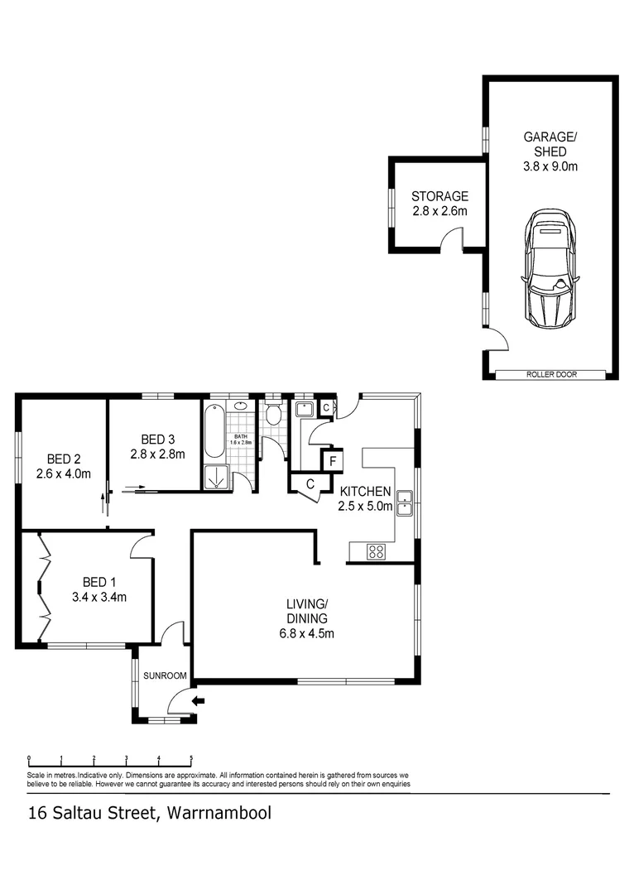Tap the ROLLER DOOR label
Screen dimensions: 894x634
[x=551, y=375]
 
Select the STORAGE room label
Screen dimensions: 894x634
[x=439, y=196]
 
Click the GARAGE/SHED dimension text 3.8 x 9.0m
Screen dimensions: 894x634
[x=550, y=166]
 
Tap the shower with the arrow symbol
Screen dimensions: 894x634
[x=217, y=478]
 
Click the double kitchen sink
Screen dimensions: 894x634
[x=405, y=503]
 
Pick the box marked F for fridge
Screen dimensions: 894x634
[x=332, y=460]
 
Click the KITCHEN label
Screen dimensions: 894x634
[x=364, y=492]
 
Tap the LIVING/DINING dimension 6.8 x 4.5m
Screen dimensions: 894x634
[x=305, y=634]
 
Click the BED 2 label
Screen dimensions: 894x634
[x=63, y=459]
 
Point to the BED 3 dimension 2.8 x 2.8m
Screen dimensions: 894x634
[x=156, y=454]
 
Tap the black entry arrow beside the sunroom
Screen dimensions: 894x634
[x=198, y=702]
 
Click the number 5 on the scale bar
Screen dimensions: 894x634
[x=191, y=757]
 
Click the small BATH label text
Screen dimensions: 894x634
[x=240, y=436]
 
